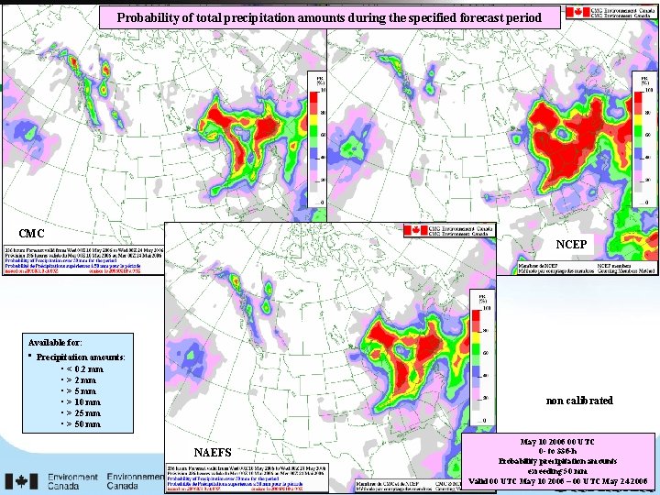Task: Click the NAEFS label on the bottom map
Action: [x=214, y=452]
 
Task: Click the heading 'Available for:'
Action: [x=54, y=341]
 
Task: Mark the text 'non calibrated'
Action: [x=579, y=401]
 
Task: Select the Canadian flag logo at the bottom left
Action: [x=21, y=481]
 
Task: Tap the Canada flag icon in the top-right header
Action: [x=576, y=12]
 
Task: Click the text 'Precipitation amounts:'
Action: [x=82, y=357]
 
